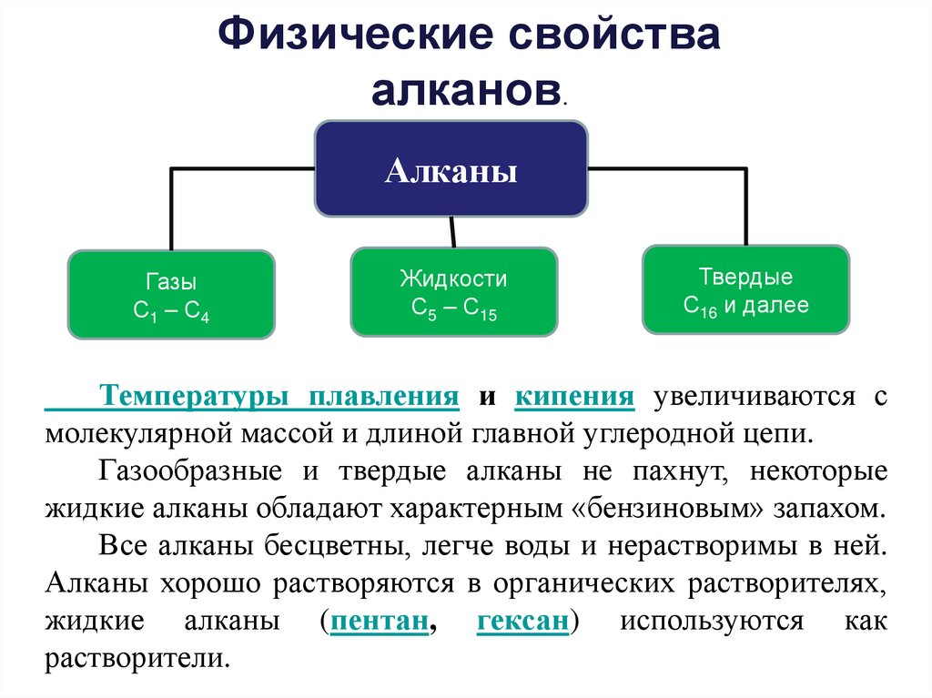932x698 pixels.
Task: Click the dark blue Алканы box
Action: [x=451, y=169]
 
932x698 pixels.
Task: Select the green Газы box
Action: [x=171, y=295]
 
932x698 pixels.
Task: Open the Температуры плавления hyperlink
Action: [x=279, y=397]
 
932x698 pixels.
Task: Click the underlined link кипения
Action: [x=573, y=397]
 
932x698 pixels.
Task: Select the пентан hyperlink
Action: [x=380, y=622]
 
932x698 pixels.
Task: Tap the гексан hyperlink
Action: [x=522, y=622]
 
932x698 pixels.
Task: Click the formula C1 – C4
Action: [x=171, y=311]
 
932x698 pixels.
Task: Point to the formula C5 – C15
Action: [x=453, y=309]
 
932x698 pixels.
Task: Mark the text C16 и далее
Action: [x=745, y=307]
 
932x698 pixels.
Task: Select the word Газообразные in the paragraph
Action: [x=187, y=472]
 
